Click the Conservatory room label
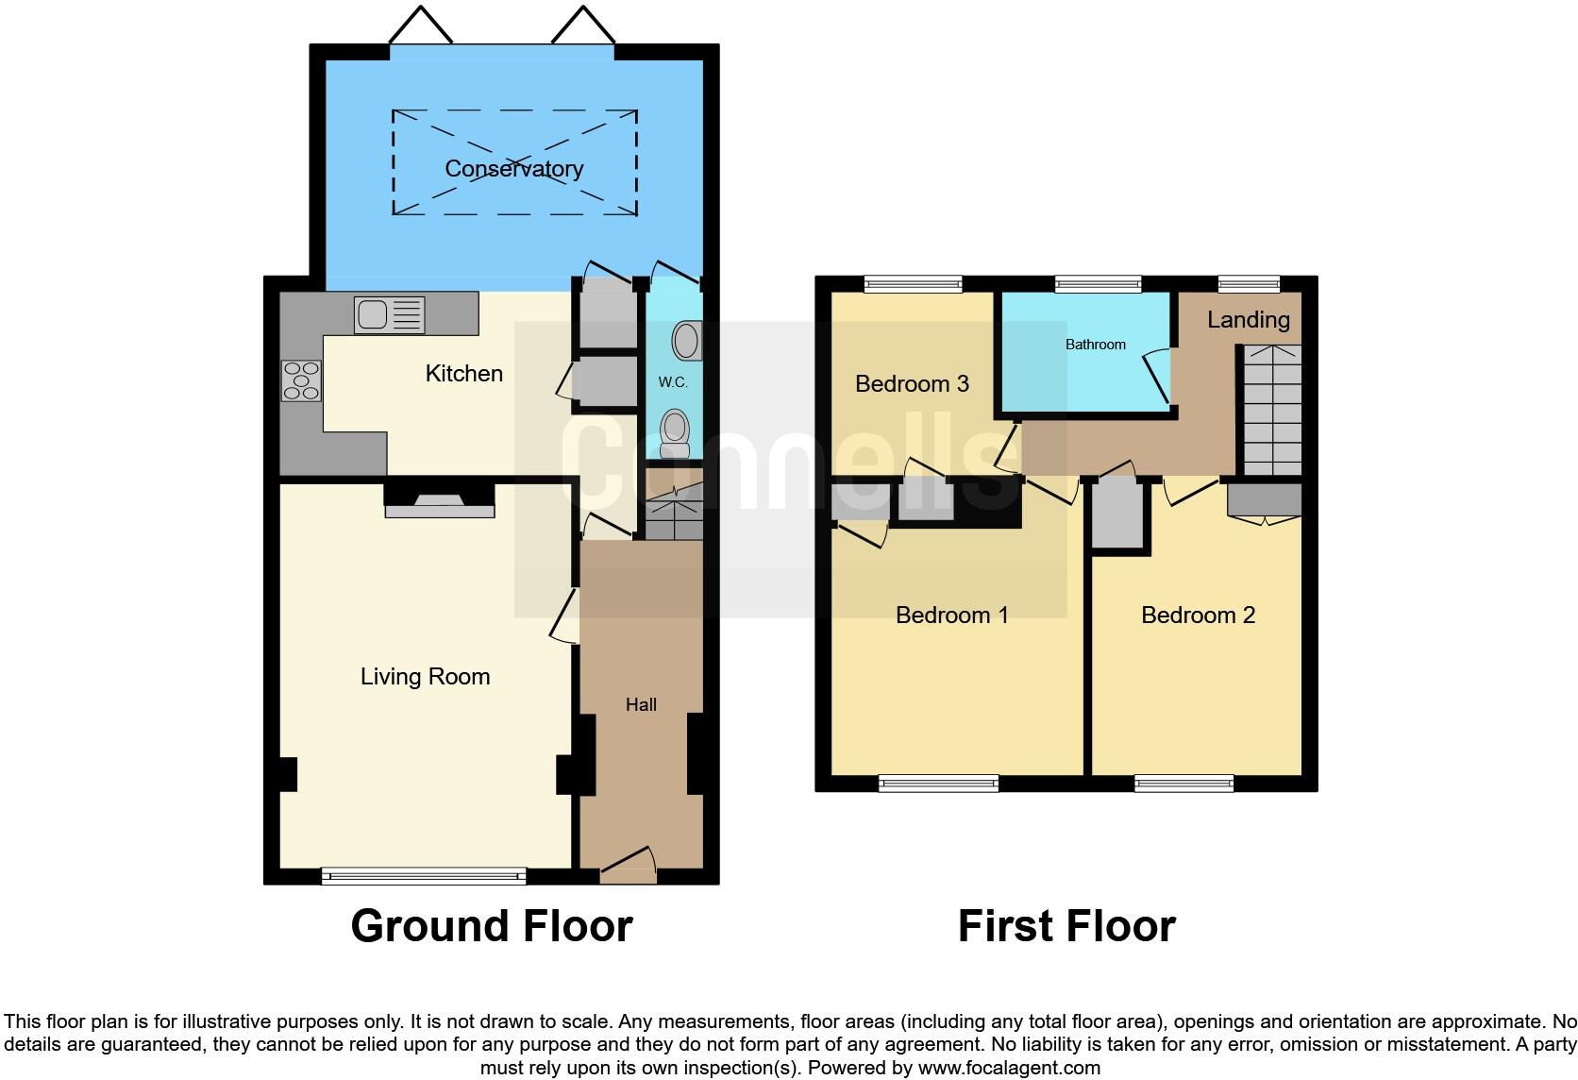513,169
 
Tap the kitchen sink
389,314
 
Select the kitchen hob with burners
302,380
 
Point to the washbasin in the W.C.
686,342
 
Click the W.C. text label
673,382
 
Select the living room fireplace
440,500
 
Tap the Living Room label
425,677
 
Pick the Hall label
641,705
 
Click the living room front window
424,876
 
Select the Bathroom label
1095,345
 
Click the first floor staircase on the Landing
1271,411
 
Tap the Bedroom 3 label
912,384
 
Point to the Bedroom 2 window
1183,783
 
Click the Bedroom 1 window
937,783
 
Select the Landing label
1248,320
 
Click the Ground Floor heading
491,926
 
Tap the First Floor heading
1066,926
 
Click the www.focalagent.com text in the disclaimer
1008,1069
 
